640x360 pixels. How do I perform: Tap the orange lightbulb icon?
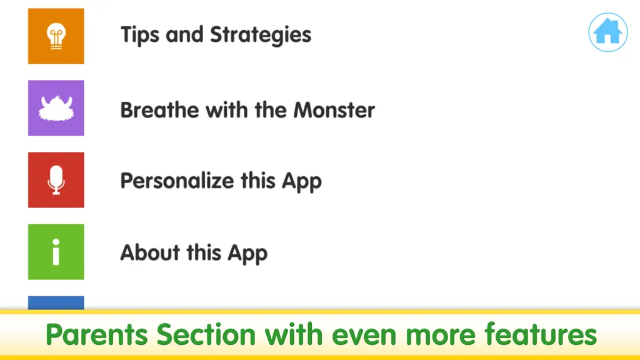[x=56, y=36]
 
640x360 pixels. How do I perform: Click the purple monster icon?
[x=56, y=107]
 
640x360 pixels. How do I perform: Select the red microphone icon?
[x=56, y=180]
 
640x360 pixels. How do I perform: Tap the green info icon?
[x=56, y=252]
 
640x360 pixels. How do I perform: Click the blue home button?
[x=607, y=32]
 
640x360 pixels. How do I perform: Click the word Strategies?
[x=261, y=35]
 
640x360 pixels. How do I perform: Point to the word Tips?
[x=140, y=35]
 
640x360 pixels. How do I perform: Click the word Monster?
[x=334, y=110]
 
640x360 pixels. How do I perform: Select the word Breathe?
[x=159, y=110]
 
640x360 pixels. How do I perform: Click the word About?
[x=150, y=252]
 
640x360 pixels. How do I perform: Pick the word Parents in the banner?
[x=97, y=334]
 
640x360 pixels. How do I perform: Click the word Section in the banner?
[x=206, y=334]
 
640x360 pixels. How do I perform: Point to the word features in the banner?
[x=541, y=334]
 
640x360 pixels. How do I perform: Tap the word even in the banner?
[x=364, y=335]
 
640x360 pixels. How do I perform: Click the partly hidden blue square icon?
[x=56, y=302]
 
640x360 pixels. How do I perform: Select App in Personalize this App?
[x=302, y=181]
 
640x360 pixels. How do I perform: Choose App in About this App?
[x=247, y=253]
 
